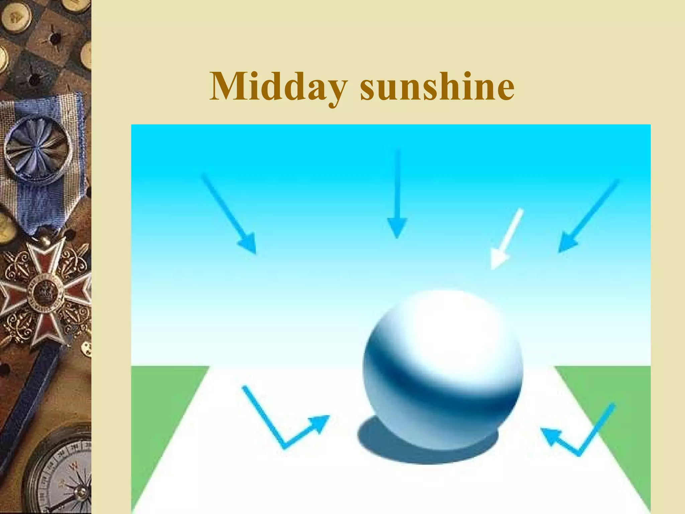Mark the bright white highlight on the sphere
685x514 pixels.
click(x=445, y=328)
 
